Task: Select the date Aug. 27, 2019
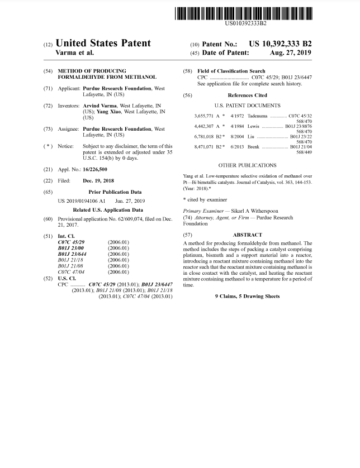tap(291, 52)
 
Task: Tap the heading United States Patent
tap(103, 44)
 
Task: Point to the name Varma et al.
tap(75, 53)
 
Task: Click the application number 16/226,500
tap(95, 169)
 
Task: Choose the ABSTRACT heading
tap(247, 235)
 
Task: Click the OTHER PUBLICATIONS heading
tap(247, 165)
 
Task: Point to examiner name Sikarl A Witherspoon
tap(254, 211)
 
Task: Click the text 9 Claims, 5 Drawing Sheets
tap(247, 296)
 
